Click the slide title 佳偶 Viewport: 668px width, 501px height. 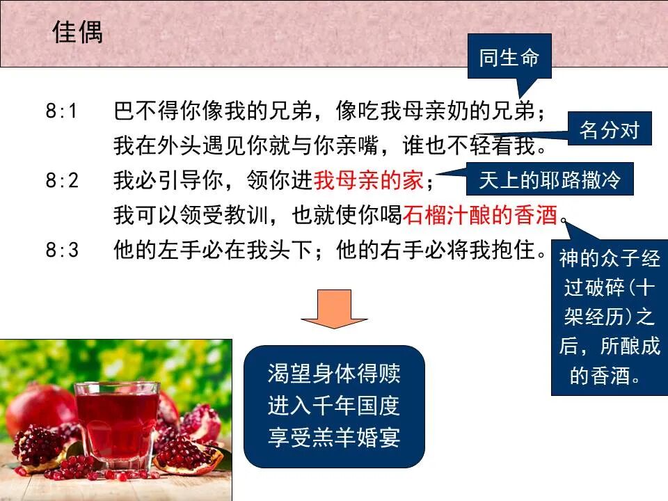pos(77,32)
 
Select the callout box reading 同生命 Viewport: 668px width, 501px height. pos(509,58)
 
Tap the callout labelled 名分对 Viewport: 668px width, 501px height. pos(609,129)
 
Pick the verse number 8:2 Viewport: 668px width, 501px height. pos(63,181)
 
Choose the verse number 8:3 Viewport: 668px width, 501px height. pos(63,250)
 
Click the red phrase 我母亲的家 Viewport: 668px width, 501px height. pos(369,181)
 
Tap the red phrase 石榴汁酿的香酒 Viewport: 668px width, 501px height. pos(481,216)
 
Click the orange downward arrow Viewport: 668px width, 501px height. pos(334,310)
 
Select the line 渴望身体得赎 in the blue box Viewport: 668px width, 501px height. pos(334,373)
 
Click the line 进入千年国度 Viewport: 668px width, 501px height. pos(334,405)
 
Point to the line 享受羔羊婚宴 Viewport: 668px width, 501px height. pos(334,437)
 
